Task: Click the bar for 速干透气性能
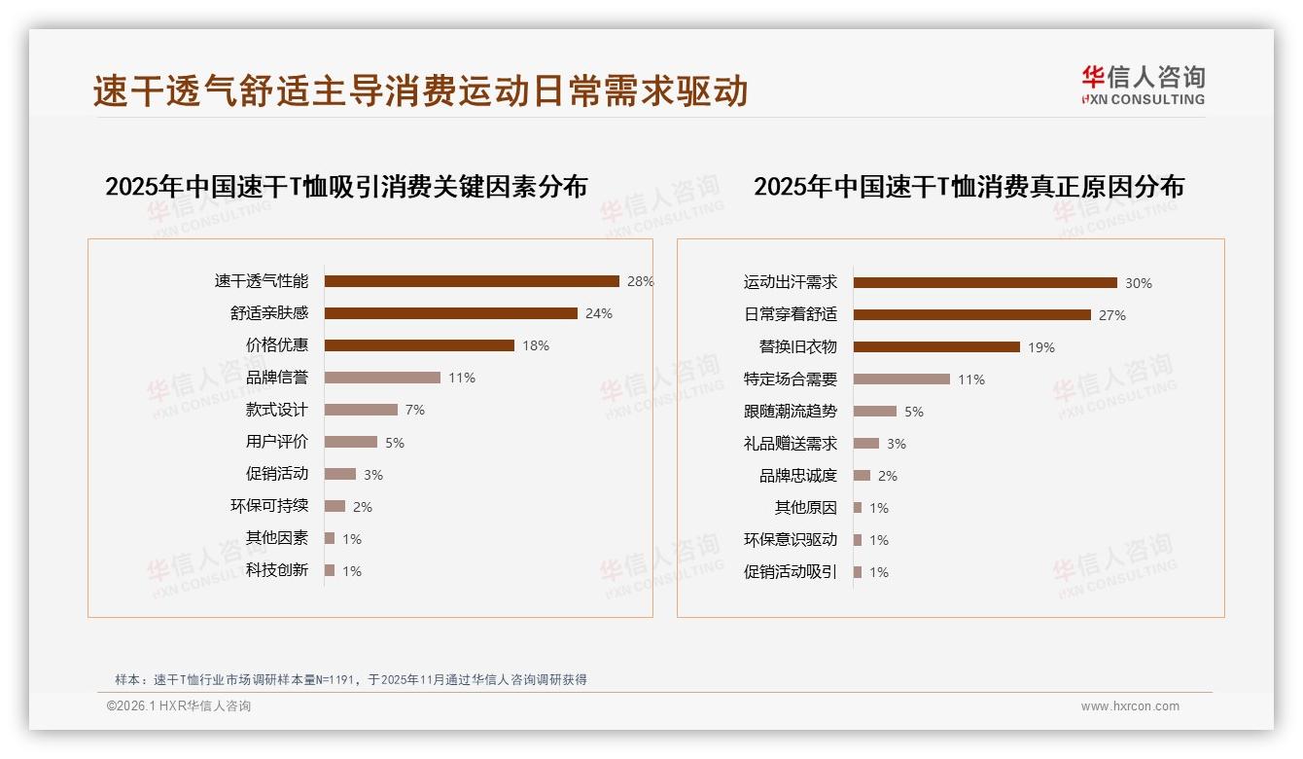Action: (x=472, y=281)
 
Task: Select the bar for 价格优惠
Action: (x=419, y=345)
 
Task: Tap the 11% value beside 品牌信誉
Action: (x=462, y=378)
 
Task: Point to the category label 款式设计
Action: (x=277, y=410)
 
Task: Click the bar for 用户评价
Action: (x=351, y=442)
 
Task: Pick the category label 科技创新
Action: (x=277, y=570)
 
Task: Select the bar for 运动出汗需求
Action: (x=985, y=283)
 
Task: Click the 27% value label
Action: (x=1112, y=315)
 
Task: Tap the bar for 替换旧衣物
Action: (x=936, y=347)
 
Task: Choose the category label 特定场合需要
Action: (x=791, y=379)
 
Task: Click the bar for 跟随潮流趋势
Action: (x=875, y=412)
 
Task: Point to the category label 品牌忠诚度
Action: (x=798, y=476)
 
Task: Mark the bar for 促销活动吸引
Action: (x=858, y=572)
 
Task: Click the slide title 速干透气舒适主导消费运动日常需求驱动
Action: (x=420, y=91)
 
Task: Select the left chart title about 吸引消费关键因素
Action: (x=346, y=187)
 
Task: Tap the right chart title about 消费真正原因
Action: (x=968, y=187)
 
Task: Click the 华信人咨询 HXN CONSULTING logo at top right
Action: (x=1143, y=85)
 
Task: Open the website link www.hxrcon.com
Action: (x=1130, y=706)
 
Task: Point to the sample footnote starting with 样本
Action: (x=351, y=680)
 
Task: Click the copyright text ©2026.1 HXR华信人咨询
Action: (x=179, y=706)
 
